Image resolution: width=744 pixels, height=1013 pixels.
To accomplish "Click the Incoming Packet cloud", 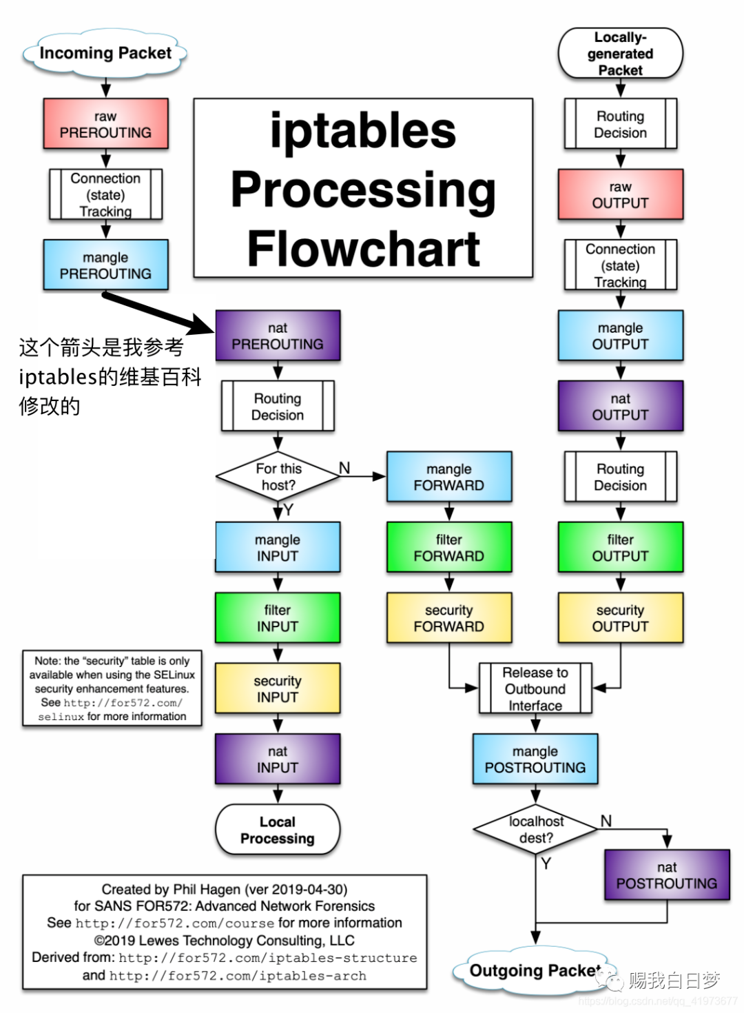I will pos(105,53).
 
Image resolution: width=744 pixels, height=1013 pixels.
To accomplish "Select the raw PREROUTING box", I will pos(105,124).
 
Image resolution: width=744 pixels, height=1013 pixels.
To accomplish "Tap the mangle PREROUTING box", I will pos(105,265).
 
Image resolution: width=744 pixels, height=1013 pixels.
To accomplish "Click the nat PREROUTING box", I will pos(278,336).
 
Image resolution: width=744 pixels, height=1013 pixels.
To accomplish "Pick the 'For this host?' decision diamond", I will pos(278,476).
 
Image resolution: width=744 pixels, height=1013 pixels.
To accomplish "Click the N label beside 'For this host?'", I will pos(344,468).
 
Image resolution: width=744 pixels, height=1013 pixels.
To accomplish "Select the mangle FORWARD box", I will pos(448,477).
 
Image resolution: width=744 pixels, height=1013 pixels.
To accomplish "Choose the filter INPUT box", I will pos(278,618).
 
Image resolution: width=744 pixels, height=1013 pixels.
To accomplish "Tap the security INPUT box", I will pos(278,688).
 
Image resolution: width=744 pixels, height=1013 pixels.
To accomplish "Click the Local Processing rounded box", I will pos(278,830).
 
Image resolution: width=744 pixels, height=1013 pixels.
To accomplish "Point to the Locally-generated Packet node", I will pos(620,54).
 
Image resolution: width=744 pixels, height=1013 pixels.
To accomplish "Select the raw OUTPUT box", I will pos(620,194).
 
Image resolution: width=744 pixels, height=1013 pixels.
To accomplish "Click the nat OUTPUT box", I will pos(620,407).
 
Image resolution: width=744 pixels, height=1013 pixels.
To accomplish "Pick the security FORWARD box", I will pos(448,618).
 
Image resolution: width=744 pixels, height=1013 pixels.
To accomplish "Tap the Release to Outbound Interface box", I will pos(535,688).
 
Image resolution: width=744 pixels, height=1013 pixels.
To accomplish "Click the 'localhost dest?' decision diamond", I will pos(536,829).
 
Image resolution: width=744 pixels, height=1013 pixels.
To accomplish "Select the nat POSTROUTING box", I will pos(666,875).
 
